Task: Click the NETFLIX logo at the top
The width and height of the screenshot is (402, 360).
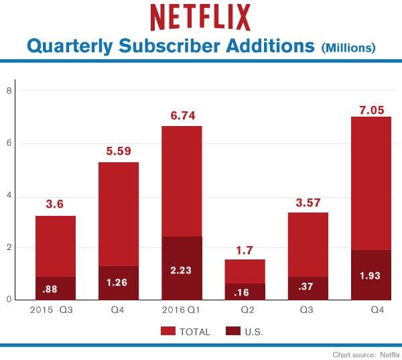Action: click(x=200, y=17)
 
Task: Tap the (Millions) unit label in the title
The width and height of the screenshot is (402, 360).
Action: click(x=348, y=48)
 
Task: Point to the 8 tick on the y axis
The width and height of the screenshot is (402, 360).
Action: click(x=9, y=91)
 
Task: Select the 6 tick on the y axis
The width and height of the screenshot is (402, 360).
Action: click(x=9, y=143)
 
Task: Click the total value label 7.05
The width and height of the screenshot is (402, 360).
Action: click(x=371, y=110)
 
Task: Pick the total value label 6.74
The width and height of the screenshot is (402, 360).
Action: click(x=182, y=116)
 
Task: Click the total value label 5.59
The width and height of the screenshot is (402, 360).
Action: click(x=119, y=152)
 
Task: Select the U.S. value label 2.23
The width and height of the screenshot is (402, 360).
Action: click(x=182, y=271)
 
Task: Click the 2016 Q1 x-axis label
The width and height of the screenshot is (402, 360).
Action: click(x=182, y=310)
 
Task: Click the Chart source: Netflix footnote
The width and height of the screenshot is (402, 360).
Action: click(x=363, y=353)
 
